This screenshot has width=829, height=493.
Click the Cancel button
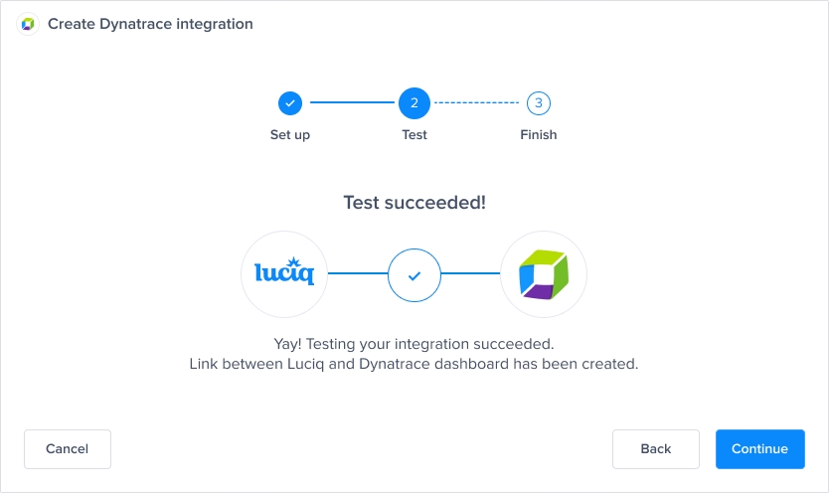tap(68, 449)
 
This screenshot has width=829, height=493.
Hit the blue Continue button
tap(759, 449)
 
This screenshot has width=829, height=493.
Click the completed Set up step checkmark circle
tap(289, 102)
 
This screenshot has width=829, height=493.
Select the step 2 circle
tap(414, 102)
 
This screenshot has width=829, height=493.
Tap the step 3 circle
tap(539, 102)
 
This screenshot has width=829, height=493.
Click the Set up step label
tap(290, 135)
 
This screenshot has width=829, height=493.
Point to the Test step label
tap(414, 135)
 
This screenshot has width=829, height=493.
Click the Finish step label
tap(539, 135)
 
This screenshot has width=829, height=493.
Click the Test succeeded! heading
tap(414, 203)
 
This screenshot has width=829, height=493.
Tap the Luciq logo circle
tap(284, 273)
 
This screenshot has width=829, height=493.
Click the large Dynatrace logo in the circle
tap(544, 273)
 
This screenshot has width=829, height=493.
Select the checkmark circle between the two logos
tap(414, 273)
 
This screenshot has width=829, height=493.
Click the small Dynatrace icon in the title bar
tap(28, 24)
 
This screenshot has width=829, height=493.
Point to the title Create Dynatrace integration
tap(150, 24)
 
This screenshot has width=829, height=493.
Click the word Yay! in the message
tap(288, 344)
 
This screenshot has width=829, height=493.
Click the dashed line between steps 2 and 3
tap(477, 102)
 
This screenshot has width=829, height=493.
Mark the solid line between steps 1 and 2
tap(352, 102)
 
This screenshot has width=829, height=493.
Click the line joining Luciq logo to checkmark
tap(358, 273)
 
